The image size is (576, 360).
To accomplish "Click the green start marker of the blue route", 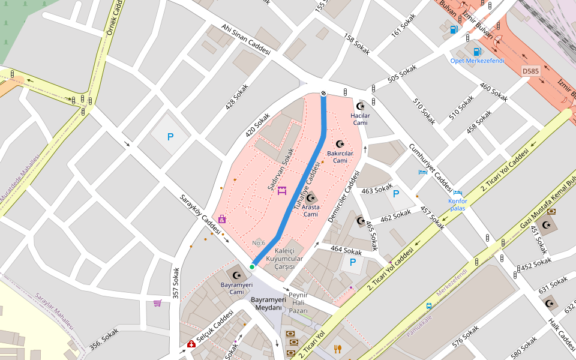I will click(252, 267).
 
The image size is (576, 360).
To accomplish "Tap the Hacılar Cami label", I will click(360, 119).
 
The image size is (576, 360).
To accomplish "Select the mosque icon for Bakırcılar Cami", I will click(340, 144).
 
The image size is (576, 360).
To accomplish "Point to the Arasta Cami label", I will click(310, 211).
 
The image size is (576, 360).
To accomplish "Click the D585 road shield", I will click(530, 71).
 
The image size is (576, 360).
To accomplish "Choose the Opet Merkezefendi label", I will click(478, 61).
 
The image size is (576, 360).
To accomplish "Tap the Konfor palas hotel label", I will click(458, 205).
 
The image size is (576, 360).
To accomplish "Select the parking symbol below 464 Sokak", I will click(352, 262).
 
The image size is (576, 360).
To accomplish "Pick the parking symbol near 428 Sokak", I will click(170, 137).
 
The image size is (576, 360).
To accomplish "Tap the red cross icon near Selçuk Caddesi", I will click(191, 344).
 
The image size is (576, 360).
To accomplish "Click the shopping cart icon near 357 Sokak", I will click(157, 303).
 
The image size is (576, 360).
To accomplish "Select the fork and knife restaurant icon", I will click(338, 349).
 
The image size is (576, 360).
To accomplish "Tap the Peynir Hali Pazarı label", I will click(298, 303).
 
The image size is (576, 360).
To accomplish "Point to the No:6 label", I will click(259, 243).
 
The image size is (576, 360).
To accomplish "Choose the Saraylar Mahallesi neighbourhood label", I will click(53, 311).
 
